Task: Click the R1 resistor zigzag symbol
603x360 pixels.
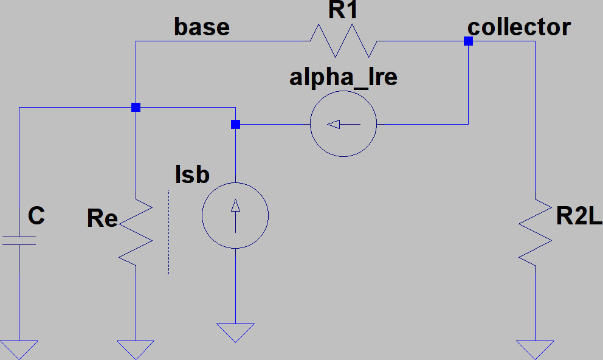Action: pyautogui.click(x=343, y=41)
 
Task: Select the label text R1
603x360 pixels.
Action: pyautogui.click(x=345, y=12)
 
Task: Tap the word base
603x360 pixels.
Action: pyautogui.click(x=202, y=27)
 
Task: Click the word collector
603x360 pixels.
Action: pyautogui.click(x=519, y=27)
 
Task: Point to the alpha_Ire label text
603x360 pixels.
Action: pyautogui.click(x=343, y=77)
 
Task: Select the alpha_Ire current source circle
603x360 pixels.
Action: pyautogui.click(x=343, y=125)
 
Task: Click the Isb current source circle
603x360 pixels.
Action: pyautogui.click(x=235, y=215)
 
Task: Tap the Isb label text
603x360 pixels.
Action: pyautogui.click(x=191, y=175)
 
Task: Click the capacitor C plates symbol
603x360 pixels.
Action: pyautogui.click(x=19, y=241)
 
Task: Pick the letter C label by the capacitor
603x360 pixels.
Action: pyautogui.click(x=36, y=216)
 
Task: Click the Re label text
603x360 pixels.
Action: pyautogui.click(x=102, y=218)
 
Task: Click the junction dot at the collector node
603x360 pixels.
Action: pyautogui.click(x=468, y=41)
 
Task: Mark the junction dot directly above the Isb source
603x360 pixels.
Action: pyautogui.click(x=235, y=125)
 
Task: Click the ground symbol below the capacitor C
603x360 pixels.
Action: pyautogui.click(x=19, y=350)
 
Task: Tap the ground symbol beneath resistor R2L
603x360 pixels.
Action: pyautogui.click(x=535, y=350)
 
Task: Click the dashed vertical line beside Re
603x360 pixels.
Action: pyautogui.click(x=168, y=232)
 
